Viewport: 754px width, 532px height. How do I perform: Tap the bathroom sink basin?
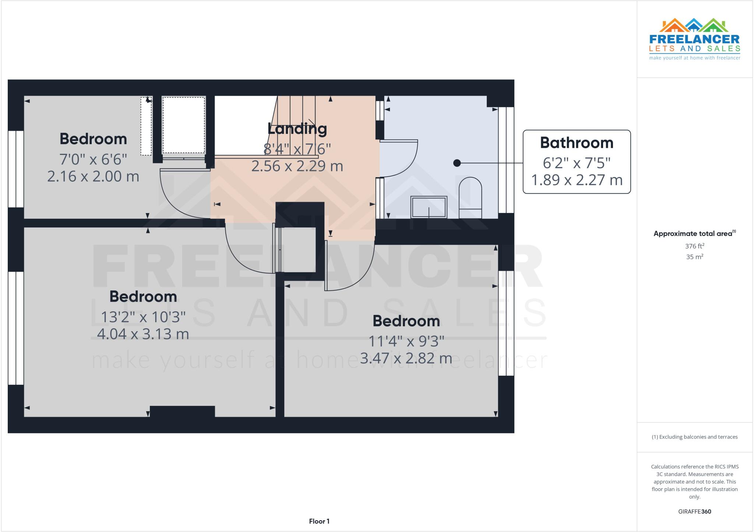click(429, 207)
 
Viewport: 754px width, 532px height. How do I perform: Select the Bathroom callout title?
click(577, 143)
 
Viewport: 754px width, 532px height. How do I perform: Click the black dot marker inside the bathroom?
click(457, 163)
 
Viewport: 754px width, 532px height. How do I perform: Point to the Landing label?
click(297, 128)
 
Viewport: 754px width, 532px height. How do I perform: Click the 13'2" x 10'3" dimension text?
click(143, 317)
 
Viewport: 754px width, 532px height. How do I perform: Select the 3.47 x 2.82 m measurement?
click(406, 358)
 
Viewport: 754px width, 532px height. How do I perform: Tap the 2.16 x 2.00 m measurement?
click(93, 177)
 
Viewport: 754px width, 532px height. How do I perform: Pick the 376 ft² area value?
click(694, 246)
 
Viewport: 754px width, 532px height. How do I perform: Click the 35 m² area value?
click(694, 257)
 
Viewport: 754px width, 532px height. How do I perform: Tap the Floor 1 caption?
click(319, 521)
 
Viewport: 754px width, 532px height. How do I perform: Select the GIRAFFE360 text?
click(694, 511)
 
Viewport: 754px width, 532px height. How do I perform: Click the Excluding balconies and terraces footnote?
click(694, 437)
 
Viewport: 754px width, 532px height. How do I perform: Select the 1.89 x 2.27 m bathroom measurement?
click(577, 180)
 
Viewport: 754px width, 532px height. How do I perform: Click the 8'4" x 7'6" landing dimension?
click(297, 149)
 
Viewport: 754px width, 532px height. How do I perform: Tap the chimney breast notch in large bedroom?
click(182, 411)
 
